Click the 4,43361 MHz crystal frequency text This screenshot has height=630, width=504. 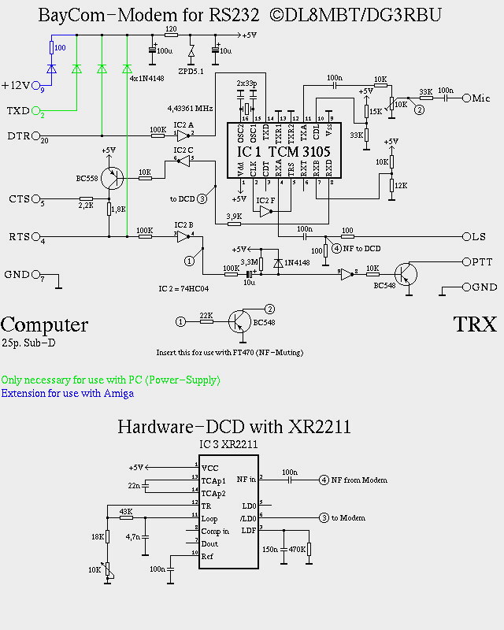tap(191, 107)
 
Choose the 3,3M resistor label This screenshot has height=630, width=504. tap(249, 262)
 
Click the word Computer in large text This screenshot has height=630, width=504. tap(44, 324)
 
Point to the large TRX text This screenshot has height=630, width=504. tap(475, 324)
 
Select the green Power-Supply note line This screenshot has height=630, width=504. tap(110, 380)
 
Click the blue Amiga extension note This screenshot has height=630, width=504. tap(67, 393)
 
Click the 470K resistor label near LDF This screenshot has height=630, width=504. tap(298, 549)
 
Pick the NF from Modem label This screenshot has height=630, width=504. tap(359, 480)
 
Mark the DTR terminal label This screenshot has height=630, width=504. tap(18, 135)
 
